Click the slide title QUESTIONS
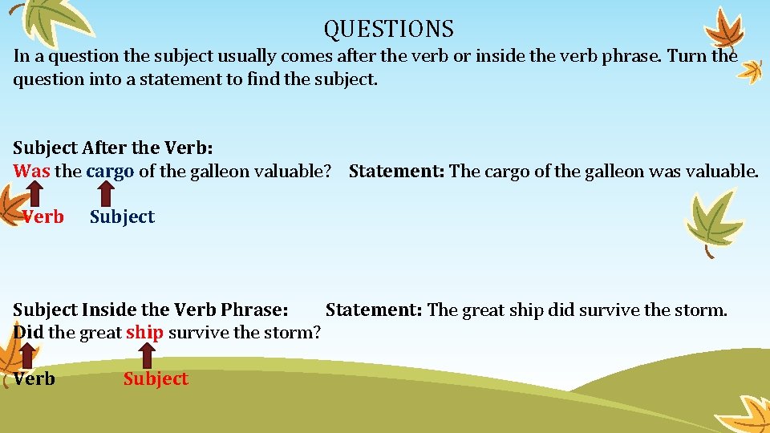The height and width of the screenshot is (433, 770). pos(389,30)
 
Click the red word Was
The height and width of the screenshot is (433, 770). pos(32,171)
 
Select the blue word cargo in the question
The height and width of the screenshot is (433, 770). pos(110,172)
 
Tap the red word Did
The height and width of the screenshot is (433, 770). pos(29,332)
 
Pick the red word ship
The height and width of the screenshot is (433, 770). pos(144,332)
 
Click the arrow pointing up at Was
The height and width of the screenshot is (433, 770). pos(33,194)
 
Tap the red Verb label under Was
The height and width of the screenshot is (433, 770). pos(43,216)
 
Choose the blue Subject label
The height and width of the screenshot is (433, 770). pos(122,216)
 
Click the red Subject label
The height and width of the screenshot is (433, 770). pos(156,378)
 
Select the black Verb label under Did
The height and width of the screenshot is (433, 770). pos(34,378)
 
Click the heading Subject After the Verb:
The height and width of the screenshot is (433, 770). pos(112,148)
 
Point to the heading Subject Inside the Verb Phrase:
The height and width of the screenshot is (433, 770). pos(151,310)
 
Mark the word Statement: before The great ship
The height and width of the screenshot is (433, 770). pos(374,310)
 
